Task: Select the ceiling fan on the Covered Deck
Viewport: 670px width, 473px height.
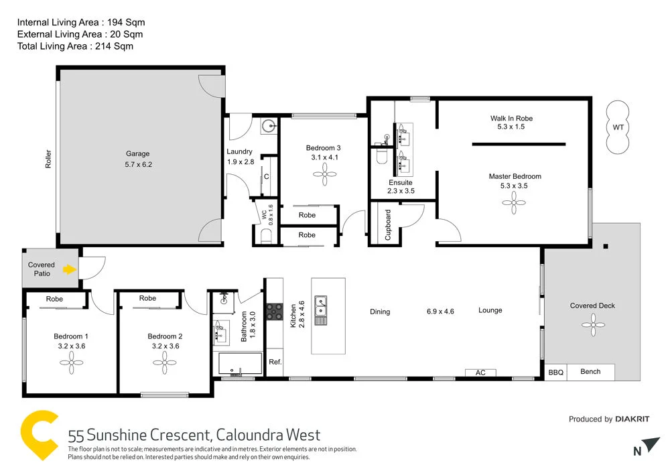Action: tap(592, 326)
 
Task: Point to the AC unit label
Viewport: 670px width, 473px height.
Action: tap(480, 373)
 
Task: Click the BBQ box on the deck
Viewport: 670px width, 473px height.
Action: tap(555, 372)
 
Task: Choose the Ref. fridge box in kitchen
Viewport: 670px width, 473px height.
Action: tap(275, 362)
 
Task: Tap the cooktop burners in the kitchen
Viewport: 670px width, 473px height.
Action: tap(275, 312)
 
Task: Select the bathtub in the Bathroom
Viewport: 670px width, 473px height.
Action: tap(240, 364)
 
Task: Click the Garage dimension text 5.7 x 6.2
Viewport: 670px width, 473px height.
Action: tap(139, 164)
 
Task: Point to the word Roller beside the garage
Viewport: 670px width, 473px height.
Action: tap(48, 158)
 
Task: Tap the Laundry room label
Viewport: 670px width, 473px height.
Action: tap(239, 151)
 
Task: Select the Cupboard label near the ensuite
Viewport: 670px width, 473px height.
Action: tap(387, 225)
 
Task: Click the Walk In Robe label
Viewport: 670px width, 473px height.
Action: tap(511, 119)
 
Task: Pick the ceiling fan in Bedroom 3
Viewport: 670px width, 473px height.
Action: tap(324, 177)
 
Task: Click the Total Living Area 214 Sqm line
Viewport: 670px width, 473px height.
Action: tap(75, 46)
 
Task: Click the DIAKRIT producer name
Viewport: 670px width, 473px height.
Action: tap(632, 419)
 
